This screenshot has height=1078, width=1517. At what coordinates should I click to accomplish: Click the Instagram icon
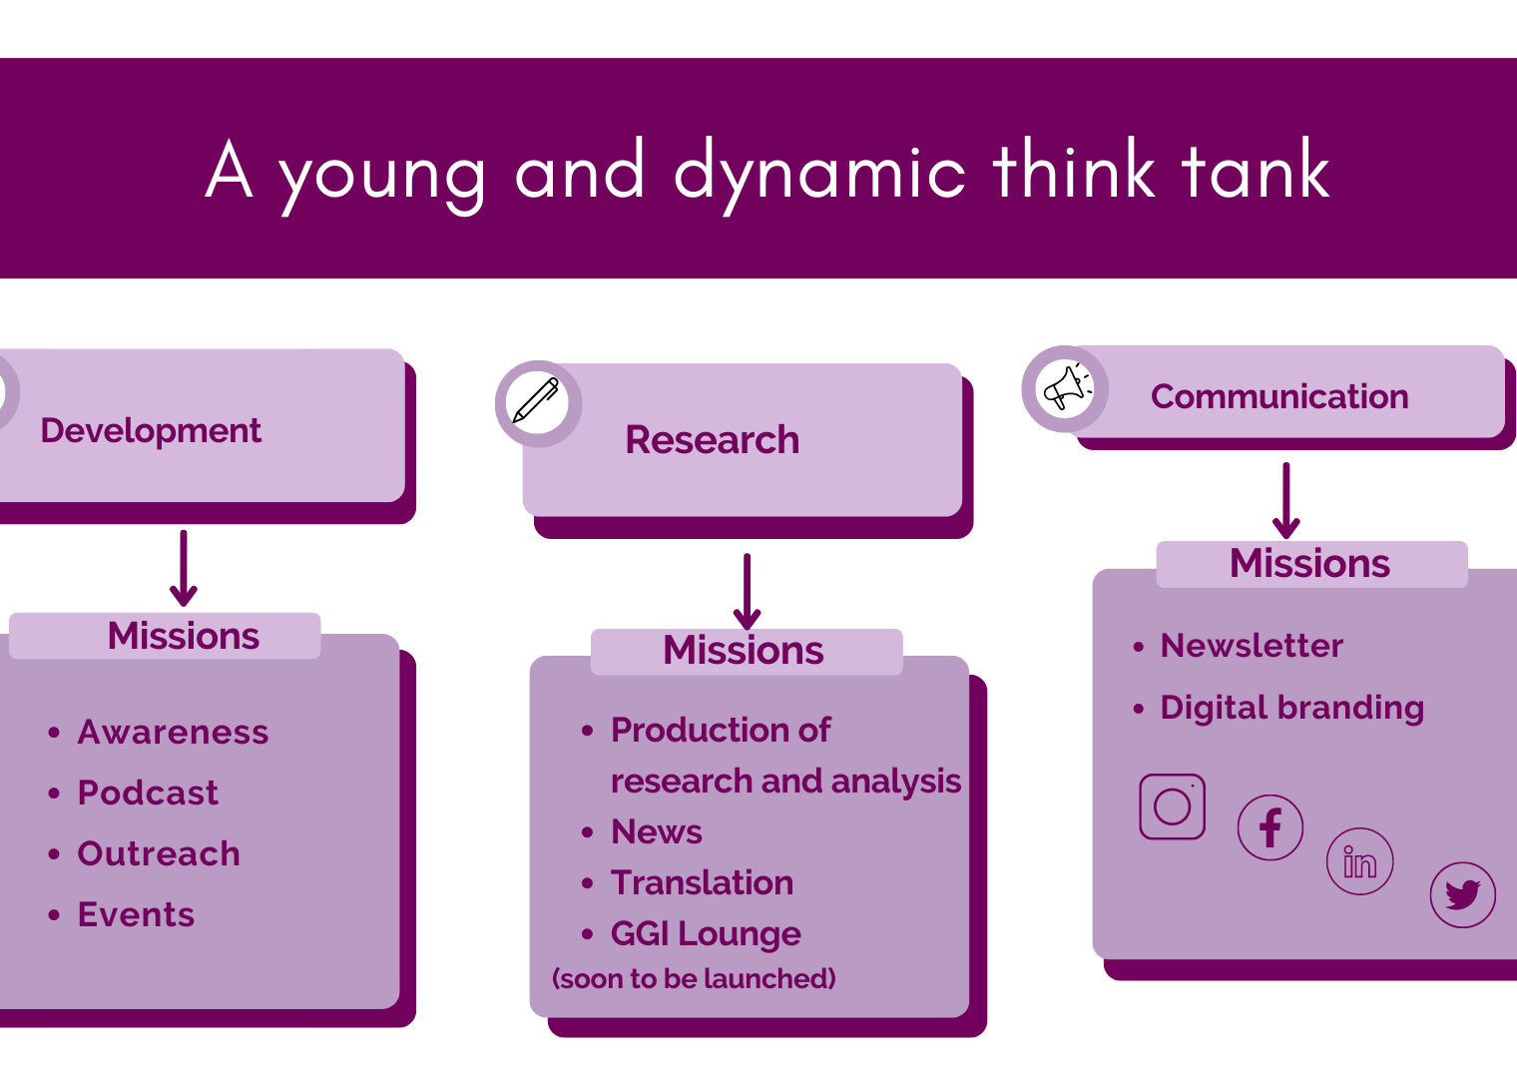pos(1173,807)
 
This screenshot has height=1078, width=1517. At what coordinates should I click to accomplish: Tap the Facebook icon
pos(1270,827)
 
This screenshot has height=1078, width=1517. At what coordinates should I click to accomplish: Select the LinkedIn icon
pos(1360,861)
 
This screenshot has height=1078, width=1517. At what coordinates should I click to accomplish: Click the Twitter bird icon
pos(1463,894)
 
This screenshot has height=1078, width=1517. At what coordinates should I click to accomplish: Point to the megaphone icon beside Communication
pos(1067,388)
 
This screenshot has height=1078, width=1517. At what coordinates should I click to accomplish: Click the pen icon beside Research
pos(536,400)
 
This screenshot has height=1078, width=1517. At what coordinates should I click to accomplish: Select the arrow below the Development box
pos(184,568)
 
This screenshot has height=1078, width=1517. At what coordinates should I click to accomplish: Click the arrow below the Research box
pos(747,592)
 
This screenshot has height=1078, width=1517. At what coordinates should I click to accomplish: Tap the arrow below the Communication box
pos(1286,500)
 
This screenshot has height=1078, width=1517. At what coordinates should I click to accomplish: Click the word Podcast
pos(148,793)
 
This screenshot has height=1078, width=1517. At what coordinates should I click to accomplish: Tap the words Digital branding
pos(1292,709)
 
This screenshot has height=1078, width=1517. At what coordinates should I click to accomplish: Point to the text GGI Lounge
pos(706,934)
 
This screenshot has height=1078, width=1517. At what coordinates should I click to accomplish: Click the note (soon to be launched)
pos(695,979)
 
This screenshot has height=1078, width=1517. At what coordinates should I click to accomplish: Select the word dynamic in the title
pos(819,174)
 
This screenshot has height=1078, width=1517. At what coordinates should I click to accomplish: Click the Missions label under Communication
pos(1309,563)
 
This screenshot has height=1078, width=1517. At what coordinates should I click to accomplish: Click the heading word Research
pos(712,439)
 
